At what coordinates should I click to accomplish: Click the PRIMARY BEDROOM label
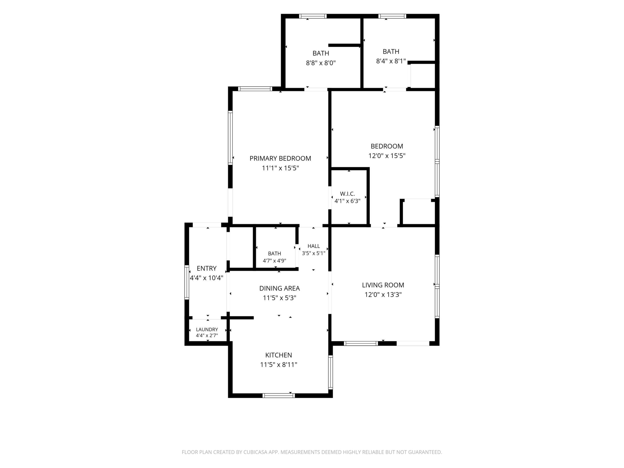pyautogui.click(x=280, y=158)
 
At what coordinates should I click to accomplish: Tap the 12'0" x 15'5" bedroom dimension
pyautogui.click(x=387, y=156)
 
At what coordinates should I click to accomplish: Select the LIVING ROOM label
pyautogui.click(x=383, y=285)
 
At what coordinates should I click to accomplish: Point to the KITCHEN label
pyautogui.click(x=278, y=355)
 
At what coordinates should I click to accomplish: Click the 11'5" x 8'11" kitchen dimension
pyautogui.click(x=278, y=365)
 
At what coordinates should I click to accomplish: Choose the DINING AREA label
pyautogui.click(x=279, y=288)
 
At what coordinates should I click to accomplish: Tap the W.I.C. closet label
pyautogui.click(x=347, y=194)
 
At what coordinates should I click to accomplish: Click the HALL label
pyautogui.click(x=314, y=246)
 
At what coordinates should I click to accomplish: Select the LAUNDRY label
pyautogui.click(x=207, y=329)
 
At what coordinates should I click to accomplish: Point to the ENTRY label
pyautogui.click(x=206, y=268)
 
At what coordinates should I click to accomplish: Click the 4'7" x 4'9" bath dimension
pyautogui.click(x=274, y=261)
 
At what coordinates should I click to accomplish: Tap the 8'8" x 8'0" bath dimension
pyautogui.click(x=321, y=63)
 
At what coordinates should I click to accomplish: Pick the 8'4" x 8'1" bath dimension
pyautogui.click(x=391, y=61)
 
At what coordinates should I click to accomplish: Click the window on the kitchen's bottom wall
pyautogui.click(x=278, y=395)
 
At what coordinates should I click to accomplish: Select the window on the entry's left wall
pyautogui.click(x=187, y=282)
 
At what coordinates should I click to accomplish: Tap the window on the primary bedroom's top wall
pyautogui.click(x=255, y=89)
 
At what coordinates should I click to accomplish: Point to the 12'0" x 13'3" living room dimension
pyautogui.click(x=383, y=295)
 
